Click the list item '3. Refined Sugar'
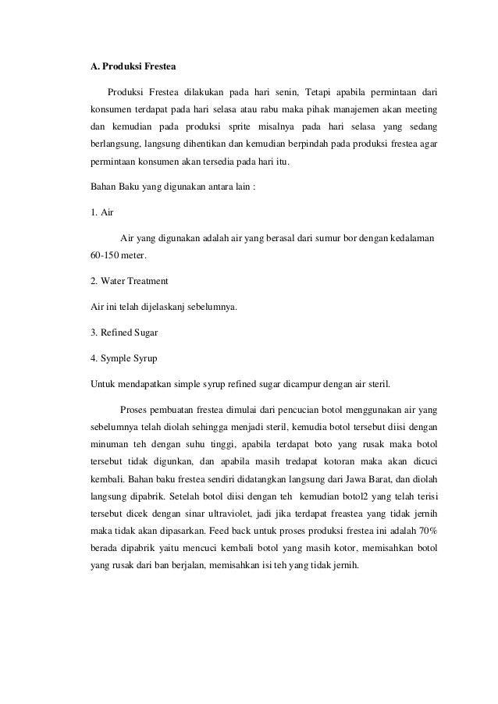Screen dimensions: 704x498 (x=125, y=332)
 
